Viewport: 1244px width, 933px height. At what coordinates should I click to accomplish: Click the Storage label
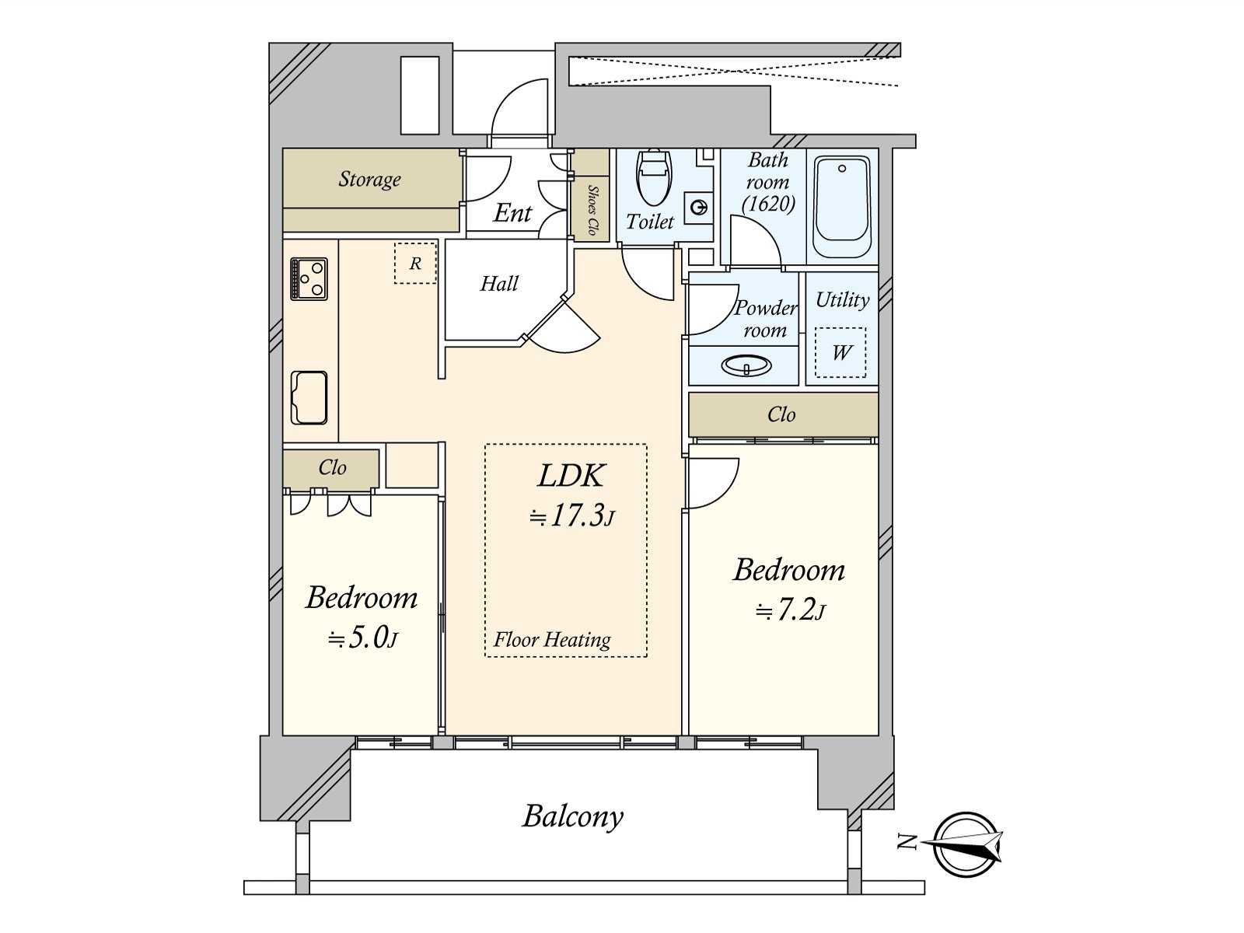369,179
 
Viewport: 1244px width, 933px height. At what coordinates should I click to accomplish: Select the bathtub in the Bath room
841,208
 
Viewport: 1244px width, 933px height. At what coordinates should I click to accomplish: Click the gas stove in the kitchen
309,278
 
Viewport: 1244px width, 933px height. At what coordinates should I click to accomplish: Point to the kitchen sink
309,397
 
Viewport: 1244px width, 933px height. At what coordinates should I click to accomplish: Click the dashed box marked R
415,263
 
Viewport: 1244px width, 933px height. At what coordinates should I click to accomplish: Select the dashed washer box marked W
840,352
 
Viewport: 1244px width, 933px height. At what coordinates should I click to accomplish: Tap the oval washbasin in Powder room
746,365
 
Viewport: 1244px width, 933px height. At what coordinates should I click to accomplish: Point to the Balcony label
572,817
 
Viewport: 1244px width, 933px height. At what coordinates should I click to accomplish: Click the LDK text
571,475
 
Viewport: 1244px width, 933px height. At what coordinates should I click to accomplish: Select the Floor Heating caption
552,640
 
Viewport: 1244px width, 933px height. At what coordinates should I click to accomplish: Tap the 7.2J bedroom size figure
790,610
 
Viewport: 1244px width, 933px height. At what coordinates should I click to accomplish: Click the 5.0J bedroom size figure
362,638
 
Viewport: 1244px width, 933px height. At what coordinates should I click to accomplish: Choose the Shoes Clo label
592,210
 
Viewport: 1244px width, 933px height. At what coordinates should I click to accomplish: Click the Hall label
498,283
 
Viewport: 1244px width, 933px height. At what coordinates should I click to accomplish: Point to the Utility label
842,299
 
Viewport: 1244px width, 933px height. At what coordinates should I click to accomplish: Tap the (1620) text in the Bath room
768,204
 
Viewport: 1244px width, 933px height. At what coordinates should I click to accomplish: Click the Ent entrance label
512,213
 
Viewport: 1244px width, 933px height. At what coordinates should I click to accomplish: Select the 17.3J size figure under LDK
571,515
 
